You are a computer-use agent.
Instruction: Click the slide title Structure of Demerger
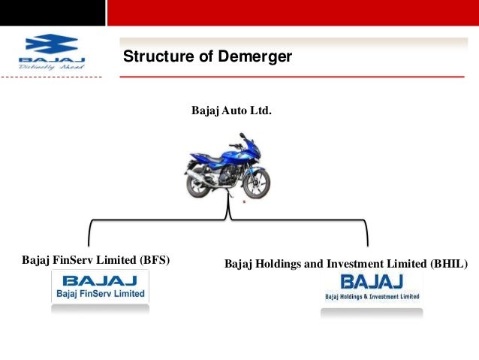click(207, 56)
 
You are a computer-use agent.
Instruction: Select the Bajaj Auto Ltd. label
click(231, 111)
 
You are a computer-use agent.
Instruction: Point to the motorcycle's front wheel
click(257, 183)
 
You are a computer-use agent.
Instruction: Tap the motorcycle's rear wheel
click(197, 183)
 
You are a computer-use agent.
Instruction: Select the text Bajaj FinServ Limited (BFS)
click(96, 261)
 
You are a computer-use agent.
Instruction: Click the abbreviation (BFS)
click(155, 261)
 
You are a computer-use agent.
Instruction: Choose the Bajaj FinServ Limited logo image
click(100, 286)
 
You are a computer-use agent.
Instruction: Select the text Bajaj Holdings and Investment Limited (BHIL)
click(346, 265)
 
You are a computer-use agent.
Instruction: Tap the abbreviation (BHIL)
click(448, 265)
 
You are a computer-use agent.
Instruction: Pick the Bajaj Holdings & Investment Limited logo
click(372, 287)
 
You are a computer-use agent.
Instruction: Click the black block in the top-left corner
click(52, 13)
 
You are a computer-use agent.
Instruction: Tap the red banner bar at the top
click(293, 13)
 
